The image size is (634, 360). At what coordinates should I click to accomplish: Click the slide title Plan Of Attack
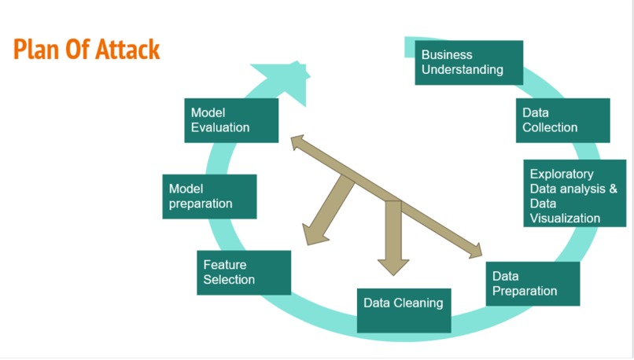[87, 50]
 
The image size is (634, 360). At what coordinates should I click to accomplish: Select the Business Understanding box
[470, 62]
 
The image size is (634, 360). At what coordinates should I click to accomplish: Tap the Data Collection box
[562, 120]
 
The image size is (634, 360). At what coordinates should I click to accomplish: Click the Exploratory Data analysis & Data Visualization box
[574, 193]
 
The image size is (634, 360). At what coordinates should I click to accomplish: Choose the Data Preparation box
[533, 284]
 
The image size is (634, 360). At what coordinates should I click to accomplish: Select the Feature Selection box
[243, 273]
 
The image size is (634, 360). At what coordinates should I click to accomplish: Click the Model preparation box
[212, 197]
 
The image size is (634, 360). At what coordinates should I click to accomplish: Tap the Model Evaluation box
[230, 120]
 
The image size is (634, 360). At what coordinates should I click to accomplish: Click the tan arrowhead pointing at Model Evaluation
[297, 142]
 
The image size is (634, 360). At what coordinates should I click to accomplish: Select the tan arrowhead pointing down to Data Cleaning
[394, 265]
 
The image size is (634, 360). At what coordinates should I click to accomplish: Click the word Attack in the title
[127, 50]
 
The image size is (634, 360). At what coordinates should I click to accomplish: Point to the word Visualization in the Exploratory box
[565, 218]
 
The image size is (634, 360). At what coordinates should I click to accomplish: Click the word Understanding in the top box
[462, 69]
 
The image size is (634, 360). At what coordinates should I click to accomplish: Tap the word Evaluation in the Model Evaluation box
[220, 127]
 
